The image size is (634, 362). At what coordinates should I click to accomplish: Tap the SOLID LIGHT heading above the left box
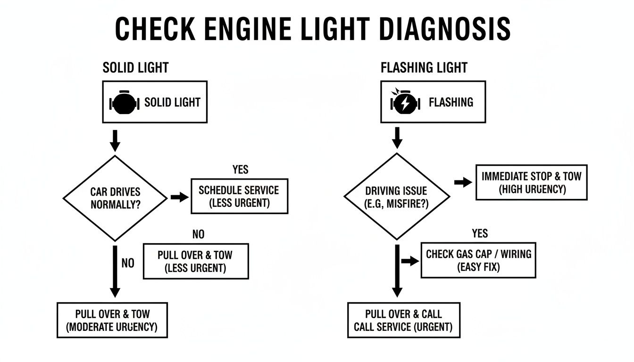[135, 67]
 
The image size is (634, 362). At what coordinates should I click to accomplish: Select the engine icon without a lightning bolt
[124, 102]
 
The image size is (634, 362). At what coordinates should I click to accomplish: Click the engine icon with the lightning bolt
[405, 102]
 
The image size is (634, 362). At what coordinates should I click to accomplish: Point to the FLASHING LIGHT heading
[424, 67]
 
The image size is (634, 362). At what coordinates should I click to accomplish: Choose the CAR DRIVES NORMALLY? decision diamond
[115, 198]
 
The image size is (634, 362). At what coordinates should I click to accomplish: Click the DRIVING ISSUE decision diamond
[396, 197]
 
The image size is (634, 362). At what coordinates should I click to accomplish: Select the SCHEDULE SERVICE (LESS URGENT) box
[239, 196]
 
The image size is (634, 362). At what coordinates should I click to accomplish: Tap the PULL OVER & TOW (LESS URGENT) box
[195, 261]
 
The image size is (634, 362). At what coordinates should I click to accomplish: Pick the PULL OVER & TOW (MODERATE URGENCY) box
[112, 320]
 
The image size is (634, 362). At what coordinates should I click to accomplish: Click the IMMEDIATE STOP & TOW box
[531, 182]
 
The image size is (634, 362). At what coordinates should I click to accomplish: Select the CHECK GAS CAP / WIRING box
[478, 260]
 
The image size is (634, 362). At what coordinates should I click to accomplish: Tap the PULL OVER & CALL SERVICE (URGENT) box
[403, 320]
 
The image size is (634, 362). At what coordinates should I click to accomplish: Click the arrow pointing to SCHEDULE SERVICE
[179, 197]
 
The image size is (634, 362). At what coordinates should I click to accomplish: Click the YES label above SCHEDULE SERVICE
[240, 169]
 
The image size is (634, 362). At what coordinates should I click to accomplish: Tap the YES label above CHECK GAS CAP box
[480, 233]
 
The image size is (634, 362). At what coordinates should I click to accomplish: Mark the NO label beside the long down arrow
[128, 263]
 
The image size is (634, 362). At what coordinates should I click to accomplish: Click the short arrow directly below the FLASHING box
[397, 137]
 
